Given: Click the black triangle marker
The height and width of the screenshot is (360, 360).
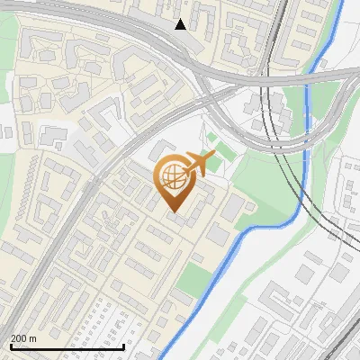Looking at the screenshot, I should pos(181,24).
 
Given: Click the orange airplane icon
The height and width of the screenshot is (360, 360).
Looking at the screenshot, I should pos(201,163).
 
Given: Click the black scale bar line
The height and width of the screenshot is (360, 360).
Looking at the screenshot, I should pos(67,346).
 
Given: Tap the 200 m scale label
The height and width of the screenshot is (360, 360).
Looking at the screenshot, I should pos(23,338).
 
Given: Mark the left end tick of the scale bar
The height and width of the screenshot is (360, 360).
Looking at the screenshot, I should pos(12,345).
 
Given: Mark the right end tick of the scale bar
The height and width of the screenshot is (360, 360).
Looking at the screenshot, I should pos(124,345).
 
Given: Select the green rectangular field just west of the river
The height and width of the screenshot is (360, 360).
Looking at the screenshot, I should pos(192,281).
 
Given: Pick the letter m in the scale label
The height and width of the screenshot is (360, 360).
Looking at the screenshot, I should pos(32,338).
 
